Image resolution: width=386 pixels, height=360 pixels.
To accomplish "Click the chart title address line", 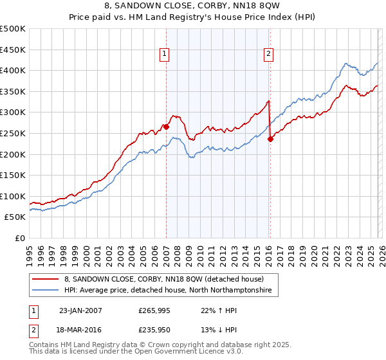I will click(193, 7).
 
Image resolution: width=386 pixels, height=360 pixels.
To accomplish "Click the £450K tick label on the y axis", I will click(13, 50).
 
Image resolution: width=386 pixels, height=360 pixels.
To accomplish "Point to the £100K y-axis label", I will click(13, 196).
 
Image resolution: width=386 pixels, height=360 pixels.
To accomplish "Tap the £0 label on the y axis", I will click(20, 238).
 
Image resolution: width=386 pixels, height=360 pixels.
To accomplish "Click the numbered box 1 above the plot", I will click(165, 55).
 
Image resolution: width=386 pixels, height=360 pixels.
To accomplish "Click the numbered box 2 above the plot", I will click(268, 55).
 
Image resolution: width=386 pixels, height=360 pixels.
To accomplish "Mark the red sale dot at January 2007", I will click(166, 127).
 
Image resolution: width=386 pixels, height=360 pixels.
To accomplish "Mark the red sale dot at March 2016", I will click(270, 139).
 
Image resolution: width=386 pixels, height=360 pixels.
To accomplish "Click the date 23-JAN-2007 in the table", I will click(80, 310).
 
